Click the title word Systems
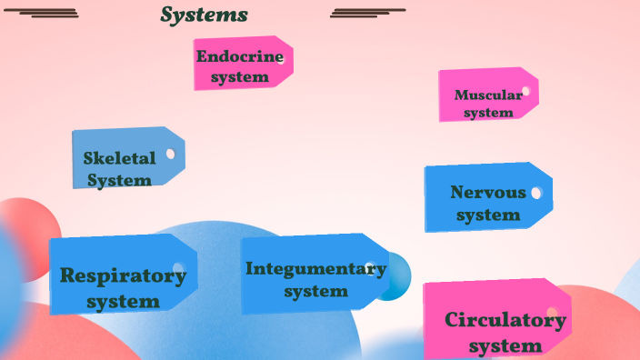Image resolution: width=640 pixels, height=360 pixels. pos(204,15)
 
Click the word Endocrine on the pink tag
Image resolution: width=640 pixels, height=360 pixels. pos(240,56)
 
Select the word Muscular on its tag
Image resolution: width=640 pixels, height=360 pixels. pos(488,95)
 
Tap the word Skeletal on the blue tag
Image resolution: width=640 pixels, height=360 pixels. pos(119,158)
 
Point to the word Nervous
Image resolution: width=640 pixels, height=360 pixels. pos(487,193)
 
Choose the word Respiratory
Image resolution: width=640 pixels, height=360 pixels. pos(123,275)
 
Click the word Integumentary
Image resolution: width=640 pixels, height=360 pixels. pos(315,268)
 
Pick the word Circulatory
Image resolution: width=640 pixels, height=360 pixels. pos(505,320)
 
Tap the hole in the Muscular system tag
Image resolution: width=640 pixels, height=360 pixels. pos(525,91)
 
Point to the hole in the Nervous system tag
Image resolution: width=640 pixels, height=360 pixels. pos(536,193)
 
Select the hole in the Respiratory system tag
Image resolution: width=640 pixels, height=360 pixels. pos(178,269)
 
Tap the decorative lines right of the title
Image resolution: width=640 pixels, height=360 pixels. pos(367,13)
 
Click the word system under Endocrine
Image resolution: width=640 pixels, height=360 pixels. pos(240,77)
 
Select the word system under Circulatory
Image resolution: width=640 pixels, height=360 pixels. pos(505,346)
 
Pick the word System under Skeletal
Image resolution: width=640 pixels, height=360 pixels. pos(119,180)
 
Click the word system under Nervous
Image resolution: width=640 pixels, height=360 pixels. pos(488,215)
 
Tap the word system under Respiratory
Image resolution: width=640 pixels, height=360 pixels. pos(123,301)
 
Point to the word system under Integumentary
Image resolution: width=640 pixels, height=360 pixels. pos(315,292)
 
